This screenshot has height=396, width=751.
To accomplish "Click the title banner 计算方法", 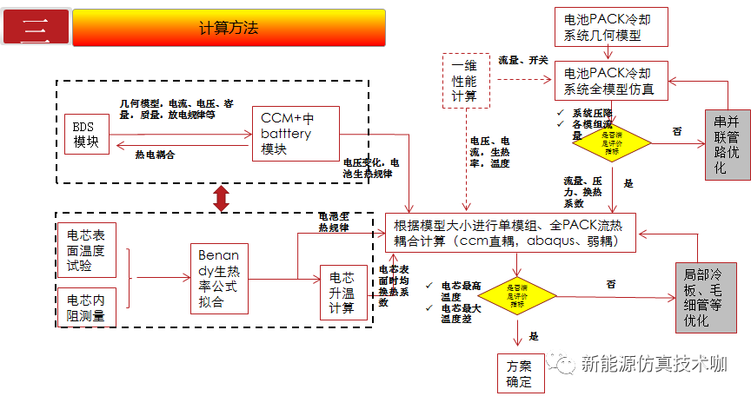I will (229, 29).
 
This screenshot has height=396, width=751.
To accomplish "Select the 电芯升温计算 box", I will (342, 294).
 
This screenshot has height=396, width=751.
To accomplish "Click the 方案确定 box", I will (520, 372).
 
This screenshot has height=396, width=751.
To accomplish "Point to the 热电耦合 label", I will (155, 154).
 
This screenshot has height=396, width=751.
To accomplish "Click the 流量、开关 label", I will (522, 60).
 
